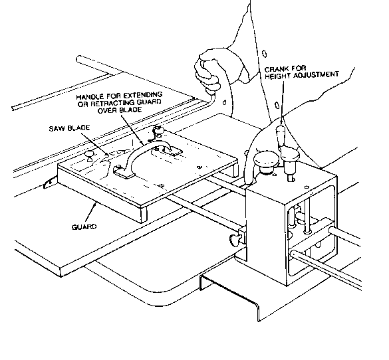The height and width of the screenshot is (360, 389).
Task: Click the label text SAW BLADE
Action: [69, 128]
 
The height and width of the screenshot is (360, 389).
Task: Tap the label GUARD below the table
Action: [84, 226]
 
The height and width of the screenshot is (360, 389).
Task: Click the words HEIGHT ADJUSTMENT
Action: [302, 75]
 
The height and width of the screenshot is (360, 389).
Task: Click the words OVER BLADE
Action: [120, 110]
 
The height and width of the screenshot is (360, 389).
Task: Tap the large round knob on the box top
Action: [266, 161]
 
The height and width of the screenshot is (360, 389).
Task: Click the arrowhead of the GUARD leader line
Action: [94, 204]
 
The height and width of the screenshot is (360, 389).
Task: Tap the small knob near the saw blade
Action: [89, 155]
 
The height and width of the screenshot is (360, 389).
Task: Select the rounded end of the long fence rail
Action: [80, 59]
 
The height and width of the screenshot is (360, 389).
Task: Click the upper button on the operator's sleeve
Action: [265, 54]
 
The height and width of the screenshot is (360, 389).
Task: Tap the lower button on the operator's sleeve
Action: [277, 106]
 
